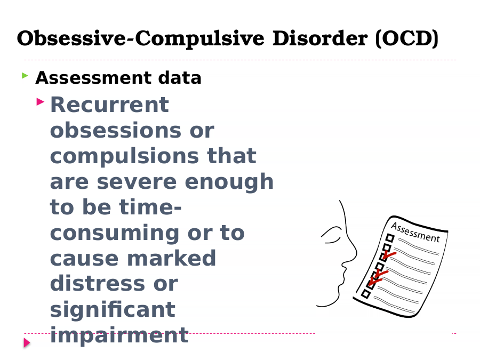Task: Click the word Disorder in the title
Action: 320,38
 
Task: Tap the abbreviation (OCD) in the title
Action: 407,39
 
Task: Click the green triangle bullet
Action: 25,75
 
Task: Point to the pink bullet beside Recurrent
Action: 41,102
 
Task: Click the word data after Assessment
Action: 180,78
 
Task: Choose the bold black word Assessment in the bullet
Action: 93,78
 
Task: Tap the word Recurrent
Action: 109,105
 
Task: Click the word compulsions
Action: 124,157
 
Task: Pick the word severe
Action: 137,182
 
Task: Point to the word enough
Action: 229,182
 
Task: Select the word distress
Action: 98,284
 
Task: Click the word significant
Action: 113,310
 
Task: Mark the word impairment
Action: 119,335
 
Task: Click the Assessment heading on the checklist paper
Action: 415,233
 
